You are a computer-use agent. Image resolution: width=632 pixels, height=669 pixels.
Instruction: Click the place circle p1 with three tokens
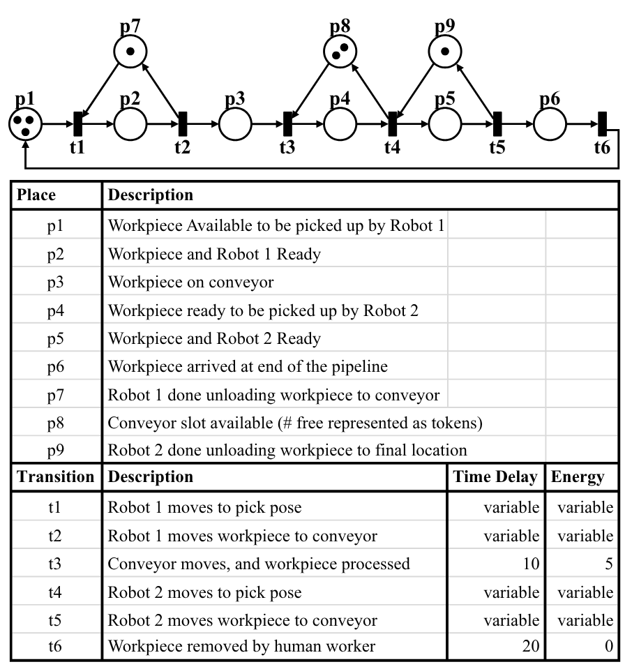point(25,126)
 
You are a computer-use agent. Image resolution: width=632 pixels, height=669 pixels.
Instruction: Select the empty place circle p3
point(235,126)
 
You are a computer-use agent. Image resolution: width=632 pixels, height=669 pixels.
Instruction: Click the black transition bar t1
point(77,126)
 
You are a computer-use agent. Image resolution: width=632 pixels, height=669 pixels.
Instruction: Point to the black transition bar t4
point(393,126)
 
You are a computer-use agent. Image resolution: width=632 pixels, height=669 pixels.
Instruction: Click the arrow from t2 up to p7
point(161,89)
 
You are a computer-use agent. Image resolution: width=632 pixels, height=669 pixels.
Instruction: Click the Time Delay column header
point(495,477)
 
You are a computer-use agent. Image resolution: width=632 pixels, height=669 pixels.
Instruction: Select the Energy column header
point(577,477)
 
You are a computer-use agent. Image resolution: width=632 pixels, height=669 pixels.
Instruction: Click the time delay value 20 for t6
point(530,647)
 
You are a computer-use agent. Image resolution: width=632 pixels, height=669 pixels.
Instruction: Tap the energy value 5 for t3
point(608,563)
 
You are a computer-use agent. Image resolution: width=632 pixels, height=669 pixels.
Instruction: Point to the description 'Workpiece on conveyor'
point(190,282)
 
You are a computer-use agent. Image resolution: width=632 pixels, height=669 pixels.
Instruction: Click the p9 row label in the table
point(56,450)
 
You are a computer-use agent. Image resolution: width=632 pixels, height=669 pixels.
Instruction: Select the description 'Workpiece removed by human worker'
point(241,647)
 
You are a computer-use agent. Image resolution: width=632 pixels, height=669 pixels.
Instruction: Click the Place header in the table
point(36,195)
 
